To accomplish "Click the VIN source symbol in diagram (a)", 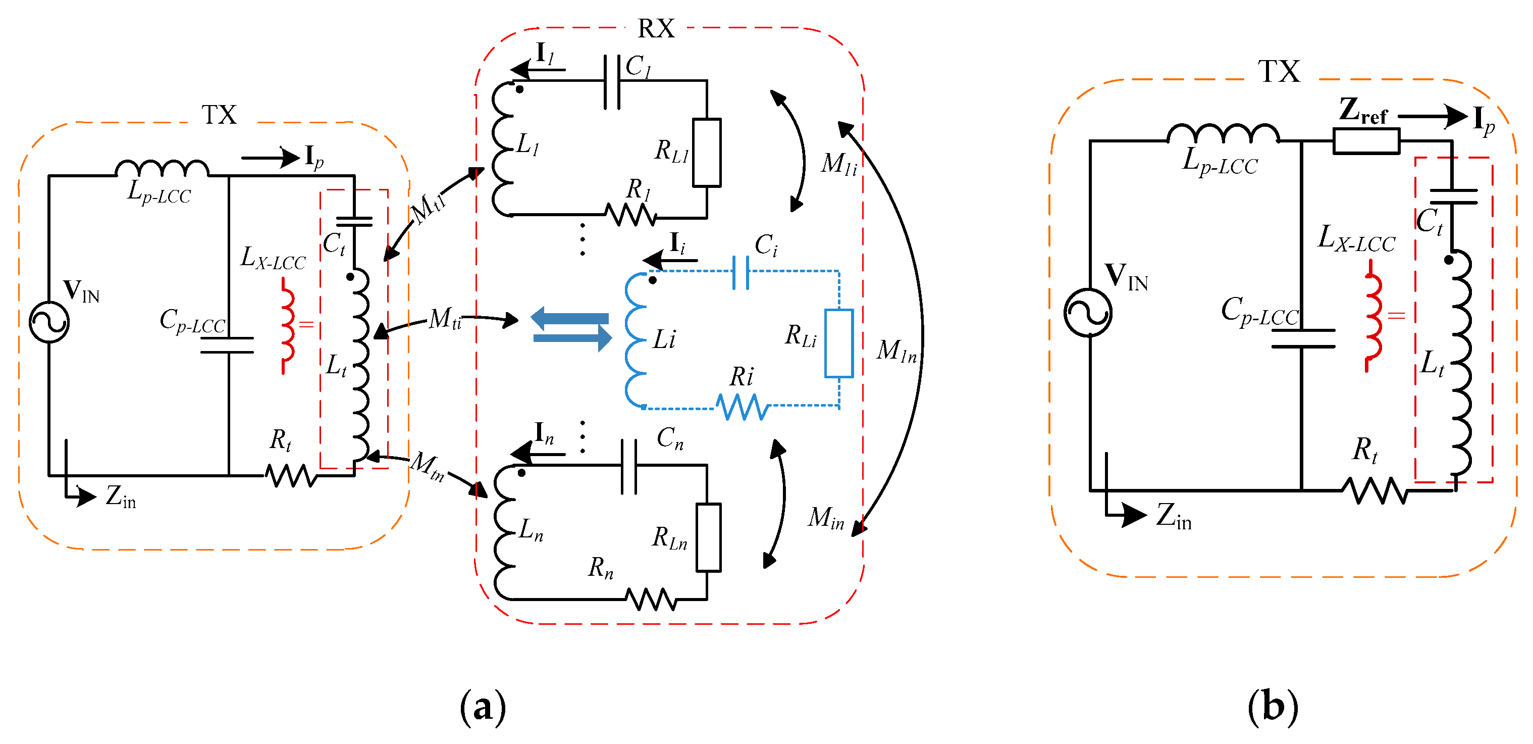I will coord(49,322).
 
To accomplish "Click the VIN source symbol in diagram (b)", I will coord(1088,312).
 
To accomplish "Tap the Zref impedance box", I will coord(1366,141).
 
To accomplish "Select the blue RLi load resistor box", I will coord(838,343).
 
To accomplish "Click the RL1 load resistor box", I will coord(707,153).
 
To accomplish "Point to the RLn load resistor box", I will coord(708,537).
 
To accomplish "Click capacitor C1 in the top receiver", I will coord(612,82).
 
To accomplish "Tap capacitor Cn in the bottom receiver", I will coord(628,466).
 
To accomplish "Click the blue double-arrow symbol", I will coord(571,329).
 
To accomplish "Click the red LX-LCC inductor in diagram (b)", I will coord(1373,323).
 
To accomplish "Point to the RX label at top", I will coord(656,28).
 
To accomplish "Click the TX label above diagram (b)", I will coord(1279,72).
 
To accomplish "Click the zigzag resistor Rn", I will coord(651,599).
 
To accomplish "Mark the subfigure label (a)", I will coord(483,707).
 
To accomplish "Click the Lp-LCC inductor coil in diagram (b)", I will coord(1223,134).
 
